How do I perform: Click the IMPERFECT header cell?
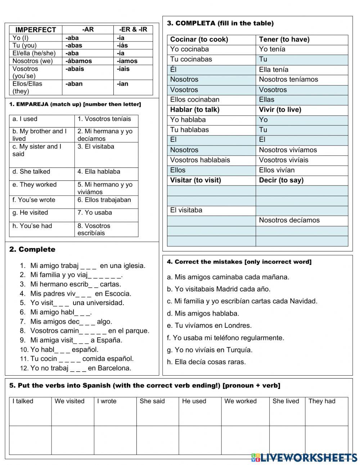click(36, 30)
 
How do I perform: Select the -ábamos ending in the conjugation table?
click(78, 61)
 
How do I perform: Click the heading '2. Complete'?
click(32, 249)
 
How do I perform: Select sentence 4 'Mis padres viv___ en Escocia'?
click(81, 294)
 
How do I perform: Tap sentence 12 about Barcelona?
click(81, 368)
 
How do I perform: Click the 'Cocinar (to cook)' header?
click(199, 39)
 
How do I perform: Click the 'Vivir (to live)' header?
click(280, 109)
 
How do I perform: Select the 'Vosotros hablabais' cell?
click(200, 160)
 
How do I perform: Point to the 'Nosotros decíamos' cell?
click(289, 220)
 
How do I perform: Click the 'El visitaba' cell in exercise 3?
click(186, 210)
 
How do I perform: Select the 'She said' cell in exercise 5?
click(152, 401)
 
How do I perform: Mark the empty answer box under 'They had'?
click(327, 440)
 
